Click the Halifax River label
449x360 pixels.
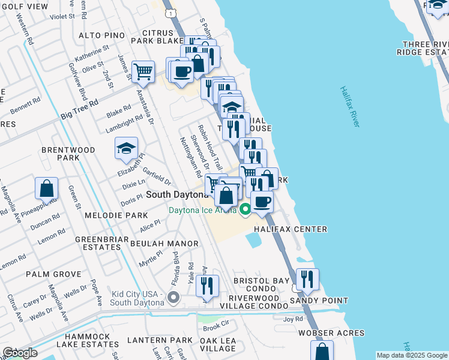(x=349, y=106)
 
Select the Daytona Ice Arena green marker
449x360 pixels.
(x=245, y=209)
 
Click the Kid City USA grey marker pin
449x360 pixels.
(x=173, y=296)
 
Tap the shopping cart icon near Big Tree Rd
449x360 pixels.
(x=143, y=72)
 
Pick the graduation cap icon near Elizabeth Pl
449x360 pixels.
(x=126, y=148)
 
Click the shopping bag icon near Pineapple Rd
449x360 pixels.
(x=46, y=188)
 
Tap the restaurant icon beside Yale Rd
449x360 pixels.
(x=207, y=286)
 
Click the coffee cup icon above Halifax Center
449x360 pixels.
(x=262, y=202)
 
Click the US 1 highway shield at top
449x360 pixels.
(x=172, y=13)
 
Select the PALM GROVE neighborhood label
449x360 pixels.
(x=53, y=274)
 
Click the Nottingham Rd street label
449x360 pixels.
(x=191, y=157)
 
